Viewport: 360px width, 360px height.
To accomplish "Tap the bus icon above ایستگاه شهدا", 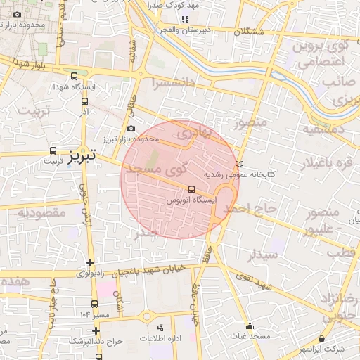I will click(75, 77).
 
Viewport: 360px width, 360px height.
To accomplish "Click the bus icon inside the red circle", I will click(192, 188).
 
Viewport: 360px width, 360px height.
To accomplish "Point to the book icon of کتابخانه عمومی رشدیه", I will click(240, 163).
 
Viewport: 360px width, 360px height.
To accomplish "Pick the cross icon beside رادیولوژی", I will click(90, 263).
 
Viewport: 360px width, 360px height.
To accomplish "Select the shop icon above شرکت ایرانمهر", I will click(322, 339).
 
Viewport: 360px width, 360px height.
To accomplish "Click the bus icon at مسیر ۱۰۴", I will click(94, 304).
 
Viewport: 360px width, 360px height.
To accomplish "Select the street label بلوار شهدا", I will click(34, 65).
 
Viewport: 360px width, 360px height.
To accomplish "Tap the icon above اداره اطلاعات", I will click(160, 327).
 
